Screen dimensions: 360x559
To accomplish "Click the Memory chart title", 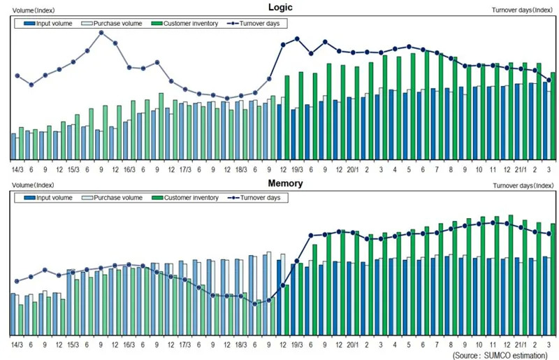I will [x=285, y=183].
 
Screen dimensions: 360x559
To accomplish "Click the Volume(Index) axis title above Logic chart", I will [x=31, y=10].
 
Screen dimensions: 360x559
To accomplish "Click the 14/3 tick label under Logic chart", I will [x=17, y=169].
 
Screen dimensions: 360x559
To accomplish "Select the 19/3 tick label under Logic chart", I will [x=297, y=169].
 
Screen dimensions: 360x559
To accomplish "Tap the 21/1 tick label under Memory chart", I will [x=521, y=345].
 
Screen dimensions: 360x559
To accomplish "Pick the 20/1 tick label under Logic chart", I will [x=353, y=169].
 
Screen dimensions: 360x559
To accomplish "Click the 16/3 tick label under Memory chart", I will [x=129, y=345].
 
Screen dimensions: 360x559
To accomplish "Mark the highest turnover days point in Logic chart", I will [x=101, y=32].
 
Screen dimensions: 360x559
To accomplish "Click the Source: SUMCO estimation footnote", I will [x=502, y=355].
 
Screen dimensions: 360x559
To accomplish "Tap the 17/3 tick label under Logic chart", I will [x=185, y=169].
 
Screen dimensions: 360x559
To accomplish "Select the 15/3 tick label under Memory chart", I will [x=73, y=345].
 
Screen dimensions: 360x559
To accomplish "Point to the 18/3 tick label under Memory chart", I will [x=241, y=345].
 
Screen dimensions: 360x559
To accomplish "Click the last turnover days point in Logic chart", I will [x=549, y=80].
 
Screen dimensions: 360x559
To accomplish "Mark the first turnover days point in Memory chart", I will [x=17, y=281].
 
